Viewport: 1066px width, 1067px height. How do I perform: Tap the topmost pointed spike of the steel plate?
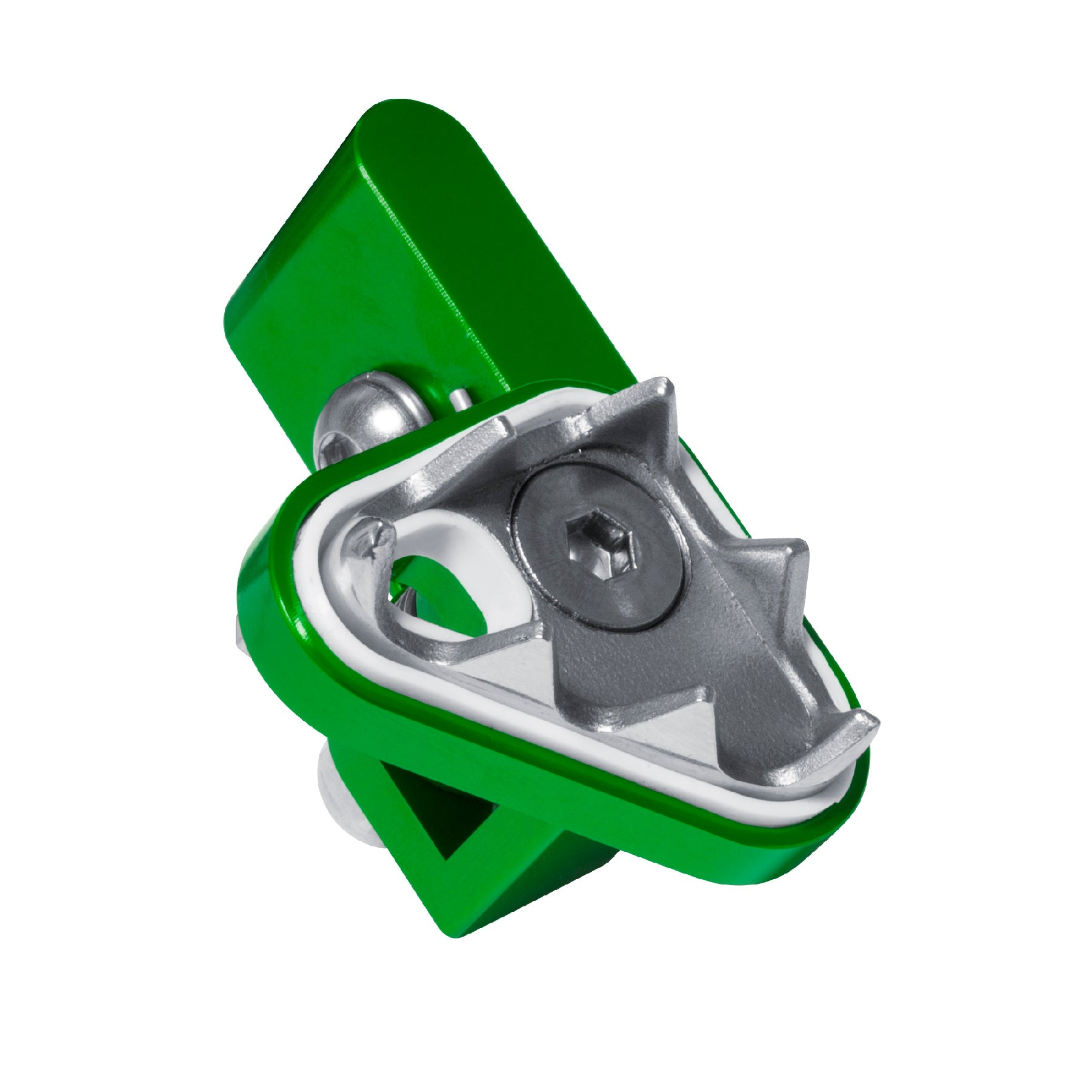click(x=664, y=388)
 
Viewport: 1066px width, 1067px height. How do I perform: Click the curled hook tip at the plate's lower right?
click(x=864, y=724)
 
